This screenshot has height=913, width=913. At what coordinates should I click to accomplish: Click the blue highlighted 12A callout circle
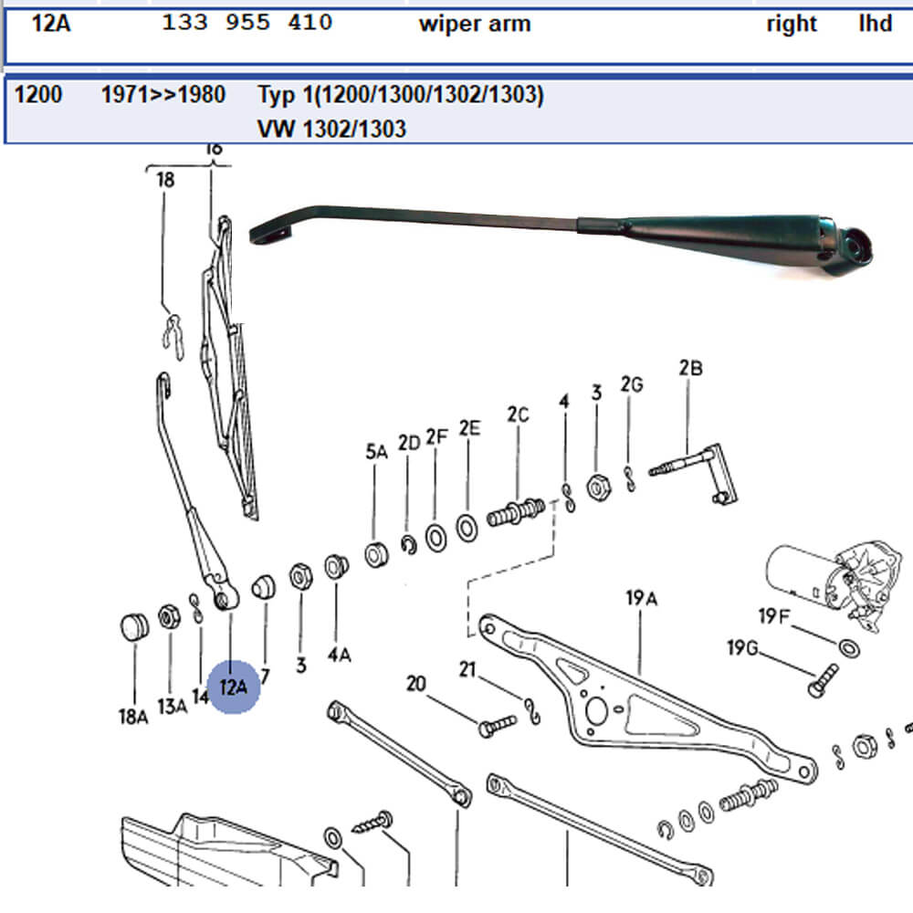click(x=234, y=687)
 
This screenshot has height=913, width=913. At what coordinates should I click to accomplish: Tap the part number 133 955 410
click(x=247, y=23)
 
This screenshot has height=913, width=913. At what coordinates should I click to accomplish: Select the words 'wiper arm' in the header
click(x=474, y=24)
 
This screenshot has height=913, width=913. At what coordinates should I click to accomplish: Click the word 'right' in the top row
click(x=792, y=24)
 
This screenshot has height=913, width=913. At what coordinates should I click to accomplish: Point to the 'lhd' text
click(x=875, y=24)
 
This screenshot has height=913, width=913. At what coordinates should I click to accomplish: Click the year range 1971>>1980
click(x=163, y=94)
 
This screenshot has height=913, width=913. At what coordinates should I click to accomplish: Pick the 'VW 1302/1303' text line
click(x=331, y=129)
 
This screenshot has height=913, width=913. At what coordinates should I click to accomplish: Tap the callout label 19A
click(x=642, y=599)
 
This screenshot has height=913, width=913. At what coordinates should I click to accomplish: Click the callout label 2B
click(x=690, y=369)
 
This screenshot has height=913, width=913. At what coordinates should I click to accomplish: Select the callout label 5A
click(x=377, y=450)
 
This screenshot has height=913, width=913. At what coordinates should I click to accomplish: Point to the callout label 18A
click(x=132, y=717)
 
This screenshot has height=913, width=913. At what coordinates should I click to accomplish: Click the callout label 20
click(x=416, y=683)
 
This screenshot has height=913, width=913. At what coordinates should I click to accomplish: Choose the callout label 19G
click(x=742, y=649)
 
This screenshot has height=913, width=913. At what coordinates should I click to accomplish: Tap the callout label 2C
click(x=518, y=415)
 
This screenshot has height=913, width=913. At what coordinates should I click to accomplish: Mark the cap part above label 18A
click(x=134, y=627)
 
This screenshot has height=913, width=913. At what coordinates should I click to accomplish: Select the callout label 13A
click(x=172, y=705)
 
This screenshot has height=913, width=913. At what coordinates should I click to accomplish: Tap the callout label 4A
click(x=340, y=654)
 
